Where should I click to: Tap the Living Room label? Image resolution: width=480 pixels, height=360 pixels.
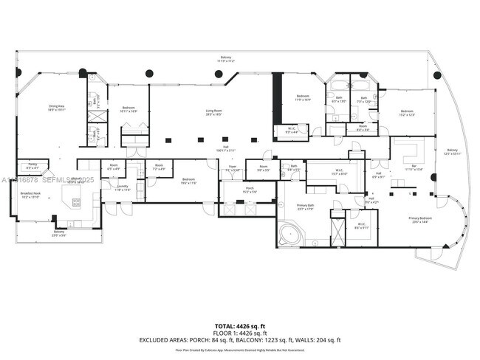[214, 112]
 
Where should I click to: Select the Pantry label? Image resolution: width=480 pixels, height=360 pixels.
[32, 165]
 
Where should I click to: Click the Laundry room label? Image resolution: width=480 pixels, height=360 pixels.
[123, 187]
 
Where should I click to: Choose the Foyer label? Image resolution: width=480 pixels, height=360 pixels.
[233, 168]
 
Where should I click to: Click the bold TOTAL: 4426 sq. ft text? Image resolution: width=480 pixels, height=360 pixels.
[239, 325]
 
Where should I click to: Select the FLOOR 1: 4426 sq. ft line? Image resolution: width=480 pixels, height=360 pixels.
[239, 333]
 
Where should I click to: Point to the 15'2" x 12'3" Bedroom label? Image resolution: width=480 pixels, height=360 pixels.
[406, 113]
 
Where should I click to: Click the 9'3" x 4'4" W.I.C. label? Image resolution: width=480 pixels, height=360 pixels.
[292, 131]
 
